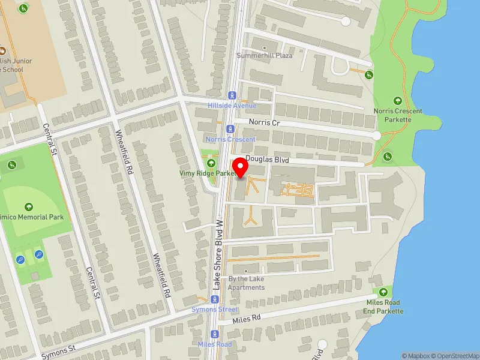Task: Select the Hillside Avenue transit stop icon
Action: click(x=232, y=95)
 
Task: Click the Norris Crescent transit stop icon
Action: click(x=229, y=128)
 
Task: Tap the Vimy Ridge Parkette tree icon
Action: click(x=210, y=163)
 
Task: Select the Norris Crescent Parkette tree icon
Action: click(x=397, y=101)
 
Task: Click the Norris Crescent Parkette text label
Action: click(x=398, y=115)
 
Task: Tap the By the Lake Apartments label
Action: click(x=246, y=283)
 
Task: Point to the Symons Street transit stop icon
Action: click(x=215, y=299)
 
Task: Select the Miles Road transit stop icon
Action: click(x=215, y=334)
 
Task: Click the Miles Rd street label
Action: click(x=248, y=319)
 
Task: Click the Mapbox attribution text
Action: click(x=418, y=356)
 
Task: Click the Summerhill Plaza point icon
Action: click(x=265, y=47)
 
